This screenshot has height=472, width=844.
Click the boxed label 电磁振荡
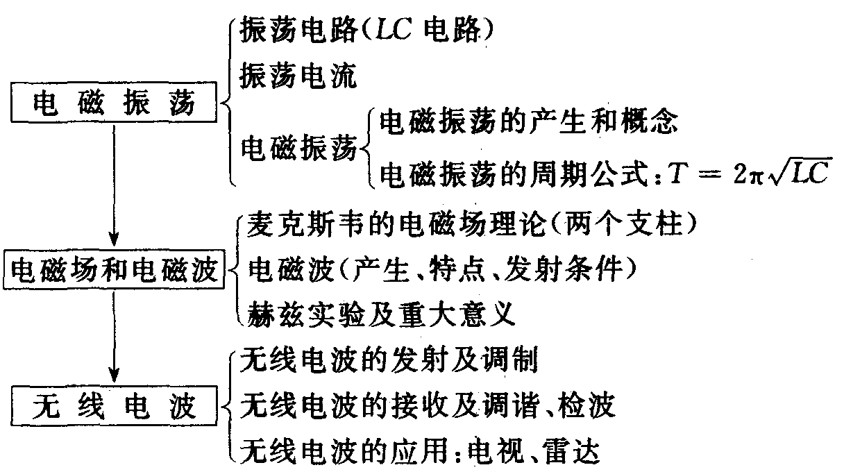pos(114,106)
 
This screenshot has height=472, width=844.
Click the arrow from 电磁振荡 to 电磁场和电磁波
pos(114,187)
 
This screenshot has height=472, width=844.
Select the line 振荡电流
pos(298,76)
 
